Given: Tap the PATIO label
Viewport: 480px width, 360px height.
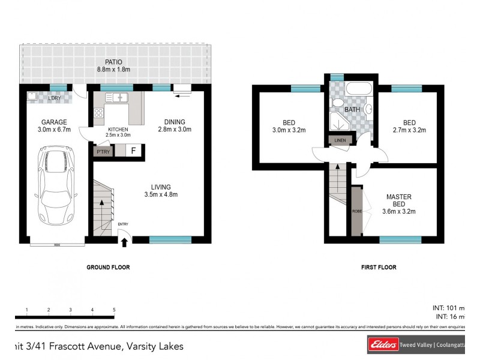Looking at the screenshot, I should (x=113, y=61).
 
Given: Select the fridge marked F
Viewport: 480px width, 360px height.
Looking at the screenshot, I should (x=133, y=151).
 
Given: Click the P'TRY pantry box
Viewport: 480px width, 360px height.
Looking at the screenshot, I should (x=102, y=151).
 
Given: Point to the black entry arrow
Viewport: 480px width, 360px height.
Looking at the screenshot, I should (x=125, y=242).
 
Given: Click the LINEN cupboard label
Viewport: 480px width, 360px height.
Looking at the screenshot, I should (x=339, y=140).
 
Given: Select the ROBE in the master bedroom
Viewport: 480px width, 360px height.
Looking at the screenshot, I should (x=357, y=211).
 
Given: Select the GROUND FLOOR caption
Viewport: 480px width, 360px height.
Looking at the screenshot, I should (x=108, y=268).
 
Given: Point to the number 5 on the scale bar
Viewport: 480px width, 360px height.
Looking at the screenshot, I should (x=114, y=310).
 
